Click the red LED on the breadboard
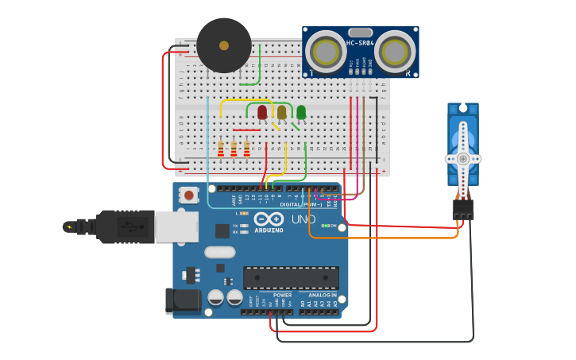[262, 112]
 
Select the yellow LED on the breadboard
[281, 112]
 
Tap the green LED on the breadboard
[301, 112]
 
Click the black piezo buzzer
[224, 45]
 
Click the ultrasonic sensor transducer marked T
[325, 52]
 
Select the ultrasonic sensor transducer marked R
[395, 52]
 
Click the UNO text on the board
[303, 219]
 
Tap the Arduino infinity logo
[269, 219]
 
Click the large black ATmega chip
[291, 277]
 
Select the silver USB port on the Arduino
[176, 226]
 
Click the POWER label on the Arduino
[282, 295]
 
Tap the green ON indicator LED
[323, 226]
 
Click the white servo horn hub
[462, 158]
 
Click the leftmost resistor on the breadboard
[221, 149]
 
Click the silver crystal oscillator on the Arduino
[220, 252]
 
